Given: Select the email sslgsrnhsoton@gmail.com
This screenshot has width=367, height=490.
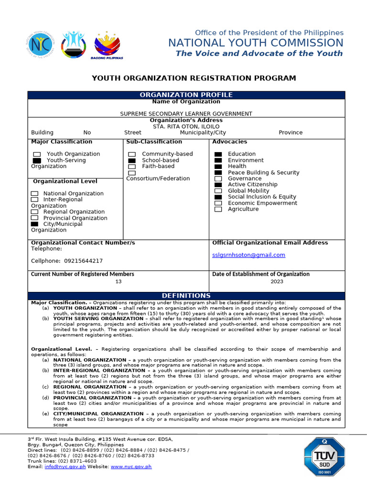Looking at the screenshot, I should coord(248,255).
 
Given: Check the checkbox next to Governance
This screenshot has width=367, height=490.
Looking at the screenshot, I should coord(218,178).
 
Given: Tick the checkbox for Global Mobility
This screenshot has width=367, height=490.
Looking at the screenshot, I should coord(218,191).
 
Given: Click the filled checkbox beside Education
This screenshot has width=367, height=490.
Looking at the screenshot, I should coord(218,154).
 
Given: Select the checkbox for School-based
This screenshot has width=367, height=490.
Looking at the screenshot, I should coord(132,160).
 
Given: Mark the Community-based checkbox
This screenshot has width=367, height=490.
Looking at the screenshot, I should coord(132,154).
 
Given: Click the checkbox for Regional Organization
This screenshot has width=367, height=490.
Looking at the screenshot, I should coord(34,212).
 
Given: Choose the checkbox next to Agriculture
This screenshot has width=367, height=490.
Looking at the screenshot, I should coord(218,209).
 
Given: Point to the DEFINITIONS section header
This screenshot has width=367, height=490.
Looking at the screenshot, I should coord(186,296).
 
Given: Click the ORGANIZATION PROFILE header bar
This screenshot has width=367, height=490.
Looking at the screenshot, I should coord(186,95).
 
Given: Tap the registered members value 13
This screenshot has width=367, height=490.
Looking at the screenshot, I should coord(119,282).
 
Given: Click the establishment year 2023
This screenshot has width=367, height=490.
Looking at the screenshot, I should coord(276,282).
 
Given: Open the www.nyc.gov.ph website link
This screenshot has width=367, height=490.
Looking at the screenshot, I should coord(131,467).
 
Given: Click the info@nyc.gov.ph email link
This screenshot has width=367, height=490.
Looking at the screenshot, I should coord(65,467).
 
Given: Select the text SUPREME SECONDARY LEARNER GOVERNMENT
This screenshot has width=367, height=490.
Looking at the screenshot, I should coord(186,114).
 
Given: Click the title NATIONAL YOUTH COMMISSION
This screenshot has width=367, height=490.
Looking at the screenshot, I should coord(256,43).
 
